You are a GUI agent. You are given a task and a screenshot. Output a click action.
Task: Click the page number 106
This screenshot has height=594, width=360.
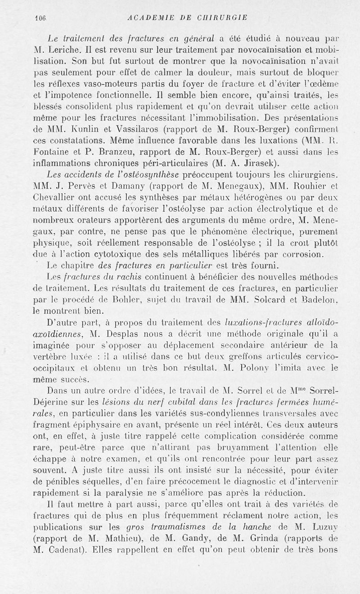[x=41, y=18]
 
